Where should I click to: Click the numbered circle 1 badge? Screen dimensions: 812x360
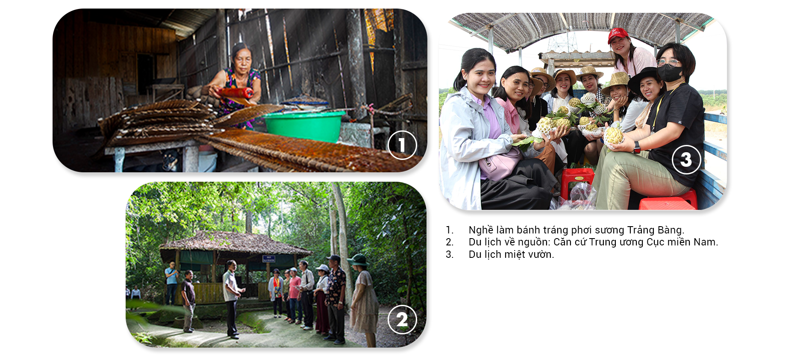402,145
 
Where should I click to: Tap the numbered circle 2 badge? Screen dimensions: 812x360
402,319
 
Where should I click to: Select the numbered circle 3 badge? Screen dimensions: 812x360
686,159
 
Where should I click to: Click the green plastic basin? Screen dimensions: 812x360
304,126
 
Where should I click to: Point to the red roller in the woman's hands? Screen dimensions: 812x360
235,92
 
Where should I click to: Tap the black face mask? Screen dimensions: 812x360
670,73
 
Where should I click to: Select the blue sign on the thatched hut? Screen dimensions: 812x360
268,258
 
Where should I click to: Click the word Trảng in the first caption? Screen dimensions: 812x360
641,230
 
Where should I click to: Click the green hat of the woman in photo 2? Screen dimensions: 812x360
358,259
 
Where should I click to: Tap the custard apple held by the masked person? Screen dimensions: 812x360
614,136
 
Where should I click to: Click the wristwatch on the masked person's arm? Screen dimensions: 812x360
637,147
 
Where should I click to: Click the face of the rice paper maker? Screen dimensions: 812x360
242,61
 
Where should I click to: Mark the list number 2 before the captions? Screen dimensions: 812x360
449,242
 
